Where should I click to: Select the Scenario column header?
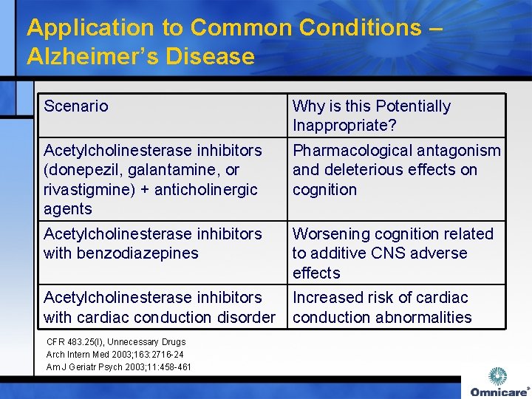pos(75,106)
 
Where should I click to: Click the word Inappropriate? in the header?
pos(344,126)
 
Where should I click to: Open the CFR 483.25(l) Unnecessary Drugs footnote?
pos(116,342)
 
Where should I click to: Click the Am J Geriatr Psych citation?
pos(118,367)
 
